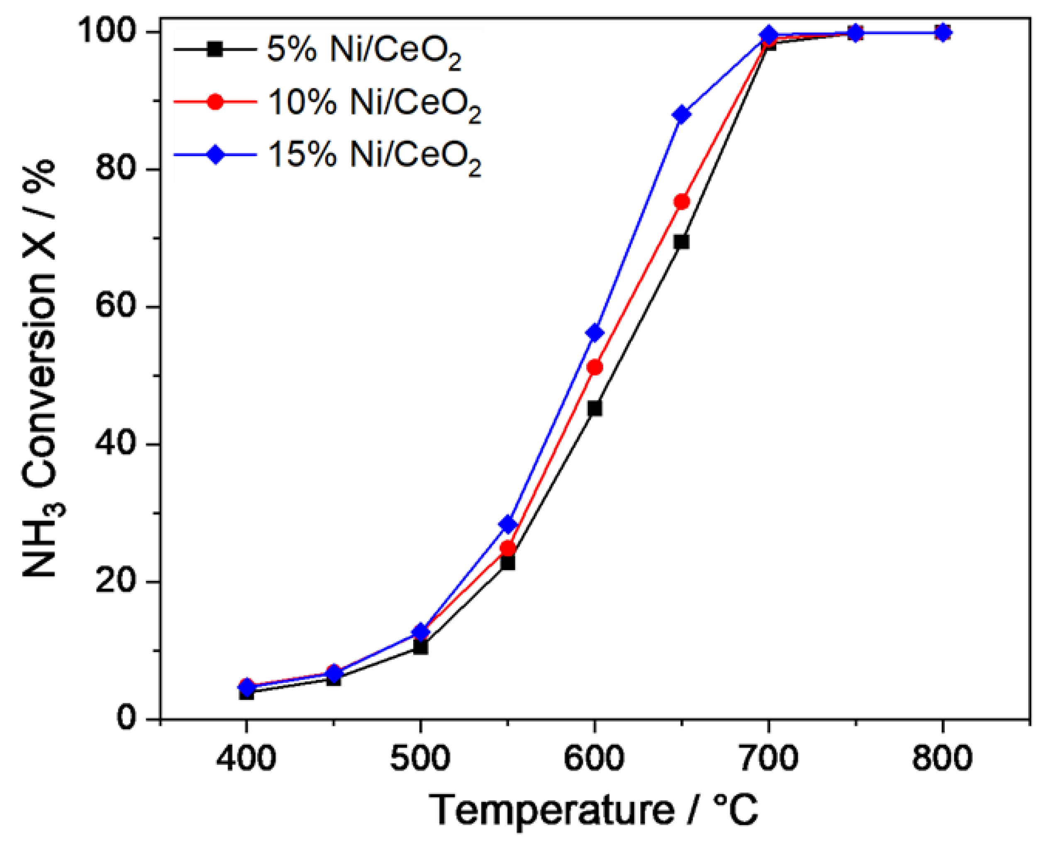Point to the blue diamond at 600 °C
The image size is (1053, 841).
point(595,333)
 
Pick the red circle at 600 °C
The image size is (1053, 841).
point(595,367)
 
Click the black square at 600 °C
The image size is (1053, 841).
point(595,408)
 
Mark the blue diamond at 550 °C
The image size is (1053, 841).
point(508,524)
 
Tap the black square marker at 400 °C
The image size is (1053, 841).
point(246,692)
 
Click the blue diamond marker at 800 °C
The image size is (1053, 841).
point(943,33)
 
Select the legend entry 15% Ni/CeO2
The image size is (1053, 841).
point(374,157)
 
